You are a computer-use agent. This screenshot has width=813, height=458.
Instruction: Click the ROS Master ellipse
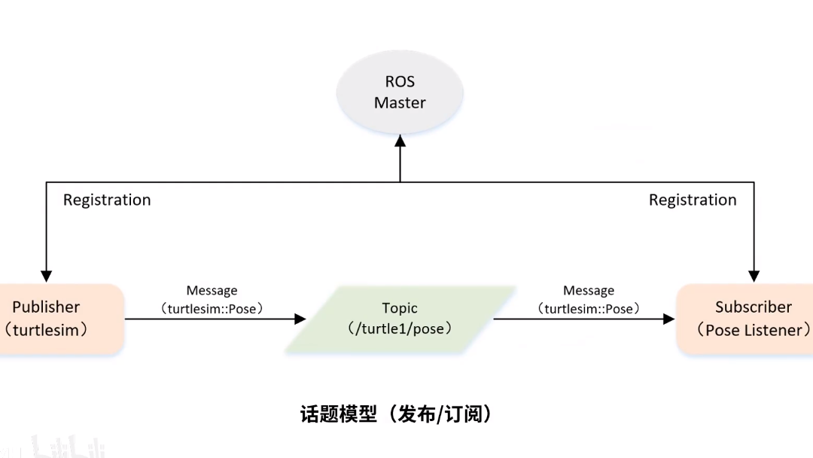[x=400, y=92]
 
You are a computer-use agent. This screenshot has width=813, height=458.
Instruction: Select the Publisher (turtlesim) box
[x=60, y=319]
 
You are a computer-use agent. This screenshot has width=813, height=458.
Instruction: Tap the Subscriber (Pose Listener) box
[x=745, y=319]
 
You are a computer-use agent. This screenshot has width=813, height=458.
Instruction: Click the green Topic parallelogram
[x=400, y=319]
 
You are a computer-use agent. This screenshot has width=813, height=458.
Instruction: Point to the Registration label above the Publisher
[x=107, y=200]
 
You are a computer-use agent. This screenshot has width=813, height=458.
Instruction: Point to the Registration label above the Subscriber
[x=693, y=200]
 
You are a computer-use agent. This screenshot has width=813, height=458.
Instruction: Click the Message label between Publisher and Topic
[x=212, y=291]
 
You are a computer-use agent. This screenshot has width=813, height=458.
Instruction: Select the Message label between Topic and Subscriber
[x=589, y=291]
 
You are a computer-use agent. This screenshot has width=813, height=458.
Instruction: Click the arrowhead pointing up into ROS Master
[x=400, y=142]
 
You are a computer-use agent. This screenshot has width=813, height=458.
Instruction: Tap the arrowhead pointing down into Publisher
[x=47, y=276]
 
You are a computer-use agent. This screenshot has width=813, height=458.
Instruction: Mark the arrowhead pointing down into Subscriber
[x=754, y=276]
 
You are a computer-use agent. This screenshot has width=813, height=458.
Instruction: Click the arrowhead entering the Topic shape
[x=300, y=319]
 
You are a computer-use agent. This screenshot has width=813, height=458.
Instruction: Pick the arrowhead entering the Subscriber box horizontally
[x=668, y=319]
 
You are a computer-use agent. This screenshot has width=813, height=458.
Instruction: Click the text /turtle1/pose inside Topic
[x=400, y=329]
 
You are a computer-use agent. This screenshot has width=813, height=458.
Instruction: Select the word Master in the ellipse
[x=400, y=102]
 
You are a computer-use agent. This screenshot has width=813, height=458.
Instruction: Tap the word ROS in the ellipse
[x=400, y=81]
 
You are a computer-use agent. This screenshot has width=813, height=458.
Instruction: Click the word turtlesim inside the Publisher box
[x=47, y=330]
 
